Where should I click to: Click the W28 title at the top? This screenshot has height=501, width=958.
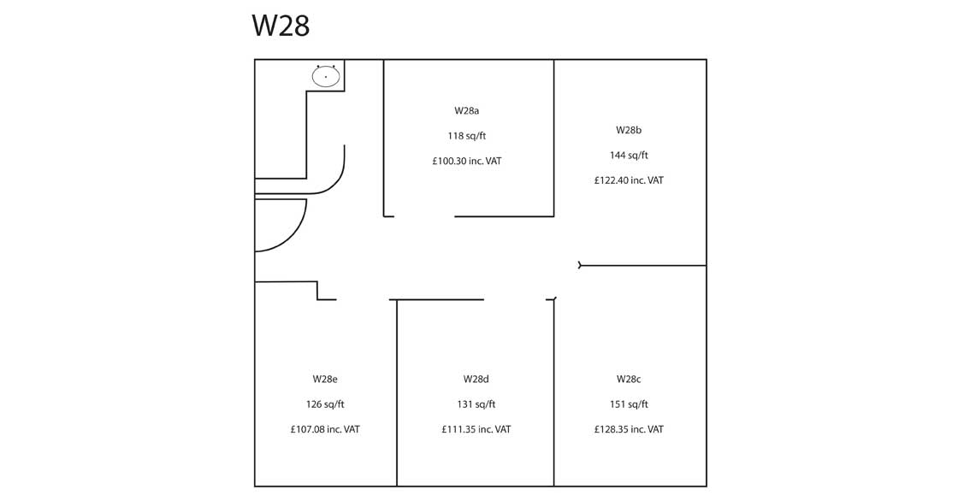click(281, 26)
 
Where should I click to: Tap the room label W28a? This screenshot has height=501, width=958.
click(466, 111)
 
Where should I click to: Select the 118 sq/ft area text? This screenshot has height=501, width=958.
click(466, 136)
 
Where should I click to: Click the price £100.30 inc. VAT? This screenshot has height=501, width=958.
click(466, 161)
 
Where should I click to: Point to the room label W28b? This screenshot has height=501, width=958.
click(629, 130)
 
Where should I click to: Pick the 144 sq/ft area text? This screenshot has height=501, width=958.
click(629, 156)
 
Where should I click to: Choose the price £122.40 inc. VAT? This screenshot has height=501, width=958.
click(629, 180)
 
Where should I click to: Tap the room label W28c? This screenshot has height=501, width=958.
click(629, 379)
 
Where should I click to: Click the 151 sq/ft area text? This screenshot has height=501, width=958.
click(629, 404)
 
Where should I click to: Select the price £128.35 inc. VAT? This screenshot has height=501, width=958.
click(629, 429)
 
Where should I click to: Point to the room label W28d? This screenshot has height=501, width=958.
click(476, 379)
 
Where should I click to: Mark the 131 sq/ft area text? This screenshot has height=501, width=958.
click(476, 404)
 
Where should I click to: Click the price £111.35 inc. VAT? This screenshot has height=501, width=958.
click(476, 429)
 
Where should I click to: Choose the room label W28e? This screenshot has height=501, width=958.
click(325, 379)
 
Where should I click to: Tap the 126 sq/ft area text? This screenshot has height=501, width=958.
click(325, 404)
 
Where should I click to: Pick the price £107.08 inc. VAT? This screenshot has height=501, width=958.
click(325, 429)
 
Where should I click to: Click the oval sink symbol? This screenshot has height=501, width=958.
click(326, 77)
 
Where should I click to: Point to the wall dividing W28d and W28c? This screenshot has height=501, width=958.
click(553, 393)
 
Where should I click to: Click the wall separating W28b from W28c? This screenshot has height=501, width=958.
click(643, 266)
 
